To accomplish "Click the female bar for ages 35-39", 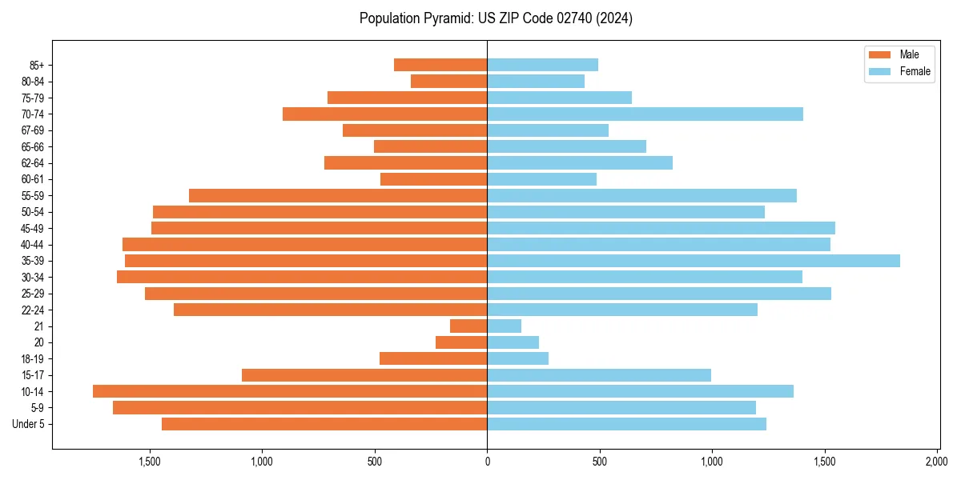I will [x=694, y=261].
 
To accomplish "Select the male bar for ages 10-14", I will [x=290, y=391].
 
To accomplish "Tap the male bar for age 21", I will [x=468, y=326].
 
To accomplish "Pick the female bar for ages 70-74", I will [x=645, y=114].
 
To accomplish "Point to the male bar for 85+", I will [x=440, y=65].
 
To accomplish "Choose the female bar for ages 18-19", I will [x=517, y=358].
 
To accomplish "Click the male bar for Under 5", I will [x=324, y=424].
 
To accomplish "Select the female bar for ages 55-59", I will [x=641, y=196].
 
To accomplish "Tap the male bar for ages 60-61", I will [x=433, y=179].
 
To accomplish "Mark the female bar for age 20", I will [x=513, y=342].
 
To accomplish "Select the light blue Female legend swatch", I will [x=879, y=71].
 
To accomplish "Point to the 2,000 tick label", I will [x=937, y=462].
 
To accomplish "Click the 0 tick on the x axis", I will [x=487, y=462].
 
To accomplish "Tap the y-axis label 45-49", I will [x=33, y=228].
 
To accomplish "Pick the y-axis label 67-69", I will [x=33, y=130].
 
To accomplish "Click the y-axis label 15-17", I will [x=33, y=375].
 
